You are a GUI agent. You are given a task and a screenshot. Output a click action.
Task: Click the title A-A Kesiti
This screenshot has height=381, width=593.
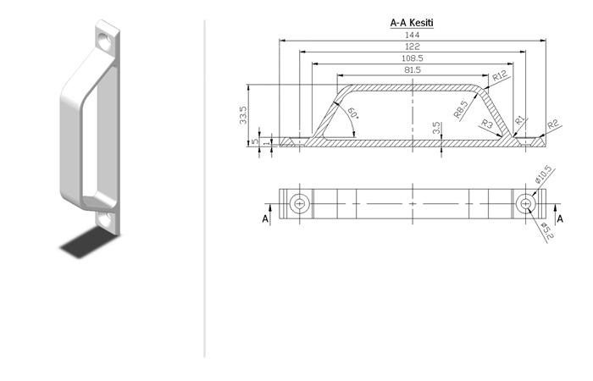click(412, 23)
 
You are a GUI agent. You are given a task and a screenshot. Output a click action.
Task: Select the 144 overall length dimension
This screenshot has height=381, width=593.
click(413, 35)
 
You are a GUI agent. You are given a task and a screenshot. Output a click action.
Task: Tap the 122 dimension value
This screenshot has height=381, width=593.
click(413, 47)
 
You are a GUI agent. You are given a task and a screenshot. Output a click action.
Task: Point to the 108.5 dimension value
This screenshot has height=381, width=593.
click(413, 58)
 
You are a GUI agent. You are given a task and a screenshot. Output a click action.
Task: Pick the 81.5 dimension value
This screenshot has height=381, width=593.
click(413, 70)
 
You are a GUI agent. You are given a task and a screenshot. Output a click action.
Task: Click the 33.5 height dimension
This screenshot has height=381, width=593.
click(243, 115)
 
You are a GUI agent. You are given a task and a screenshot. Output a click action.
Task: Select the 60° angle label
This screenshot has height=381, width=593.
click(353, 113)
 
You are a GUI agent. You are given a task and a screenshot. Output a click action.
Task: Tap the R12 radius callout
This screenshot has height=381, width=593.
click(500, 75)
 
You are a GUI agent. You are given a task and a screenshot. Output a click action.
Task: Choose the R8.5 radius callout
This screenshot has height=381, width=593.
click(461, 109)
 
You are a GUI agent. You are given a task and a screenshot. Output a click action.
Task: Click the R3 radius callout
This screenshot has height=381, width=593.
click(487, 124)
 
